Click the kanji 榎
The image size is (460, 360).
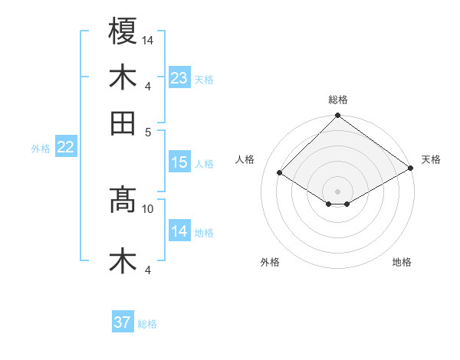(x=123, y=32)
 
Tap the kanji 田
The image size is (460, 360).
(x=123, y=123)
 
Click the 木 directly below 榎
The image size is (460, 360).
(x=123, y=77)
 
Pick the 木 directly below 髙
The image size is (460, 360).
(x=123, y=261)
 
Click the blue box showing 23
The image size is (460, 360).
(x=179, y=78)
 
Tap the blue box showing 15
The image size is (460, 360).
(x=179, y=162)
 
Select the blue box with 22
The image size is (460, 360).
(x=65, y=148)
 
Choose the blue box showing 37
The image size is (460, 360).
(x=123, y=322)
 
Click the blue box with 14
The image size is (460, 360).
(x=179, y=231)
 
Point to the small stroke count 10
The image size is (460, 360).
(x=148, y=208)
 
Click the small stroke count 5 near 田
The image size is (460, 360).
(x=149, y=131)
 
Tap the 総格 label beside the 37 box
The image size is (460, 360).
(x=147, y=324)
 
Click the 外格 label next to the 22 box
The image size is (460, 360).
(x=41, y=149)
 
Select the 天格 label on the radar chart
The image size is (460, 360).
(x=431, y=159)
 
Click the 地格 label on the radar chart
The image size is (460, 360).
(x=402, y=262)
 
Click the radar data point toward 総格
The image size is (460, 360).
(x=337, y=117)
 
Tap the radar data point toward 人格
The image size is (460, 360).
(x=280, y=173)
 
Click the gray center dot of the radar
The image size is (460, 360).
(x=337, y=191)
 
